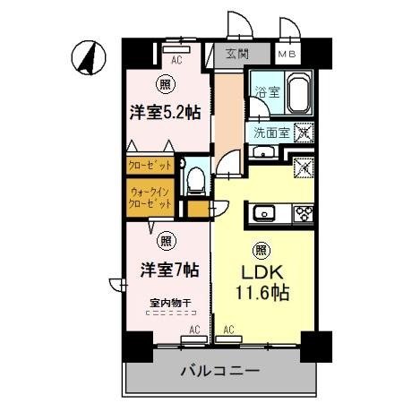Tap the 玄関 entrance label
click(236, 53)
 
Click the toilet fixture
click(193, 178)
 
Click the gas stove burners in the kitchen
click(304, 213)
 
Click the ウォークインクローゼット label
click(150, 197)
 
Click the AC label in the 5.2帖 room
click(176, 60)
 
